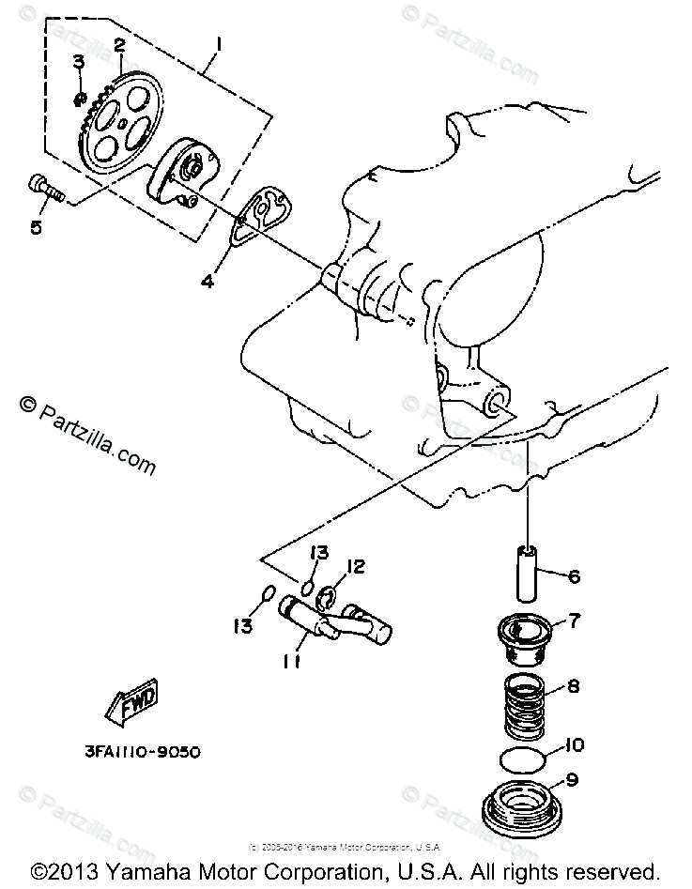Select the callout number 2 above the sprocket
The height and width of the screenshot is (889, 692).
pyautogui.click(x=120, y=44)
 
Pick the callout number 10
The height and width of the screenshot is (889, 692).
pyautogui.click(x=575, y=746)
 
